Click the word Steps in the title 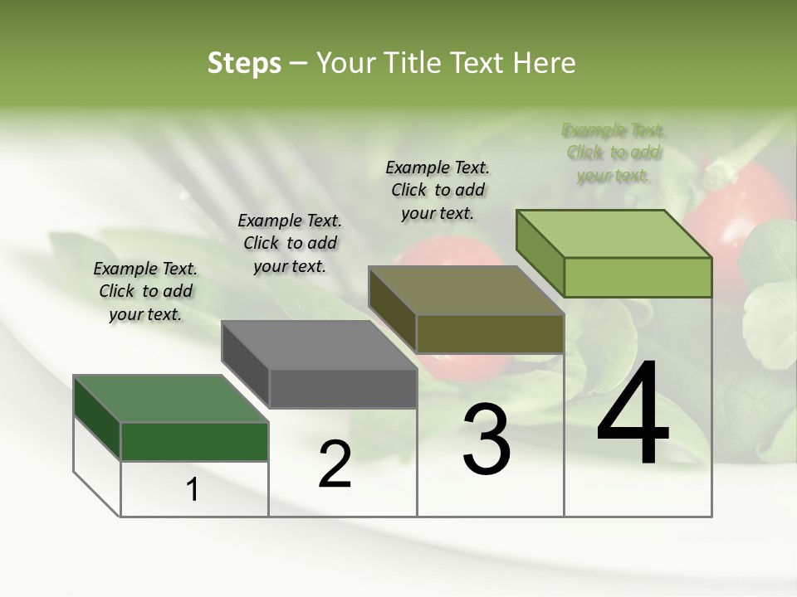[x=244, y=63]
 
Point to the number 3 [x=487, y=439]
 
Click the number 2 [x=335, y=464]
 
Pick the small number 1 [x=193, y=489]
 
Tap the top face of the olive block [x=466, y=290]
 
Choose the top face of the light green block [x=614, y=234]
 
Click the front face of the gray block [x=343, y=388]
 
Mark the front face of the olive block [x=490, y=333]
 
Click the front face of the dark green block [x=194, y=441]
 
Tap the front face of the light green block [x=638, y=277]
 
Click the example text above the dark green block [x=145, y=291]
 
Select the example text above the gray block [x=290, y=243]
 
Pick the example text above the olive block [x=438, y=190]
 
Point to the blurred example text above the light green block [x=614, y=153]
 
